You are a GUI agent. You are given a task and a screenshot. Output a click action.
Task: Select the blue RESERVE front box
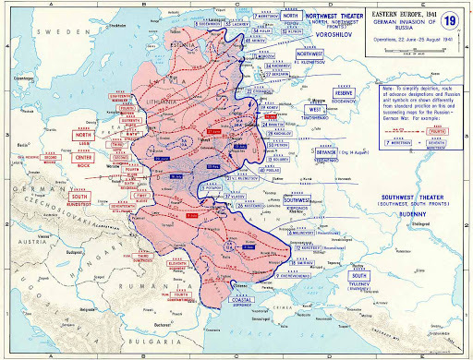coord(344,93)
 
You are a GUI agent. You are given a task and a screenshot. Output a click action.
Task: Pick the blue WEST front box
coord(314,109)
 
